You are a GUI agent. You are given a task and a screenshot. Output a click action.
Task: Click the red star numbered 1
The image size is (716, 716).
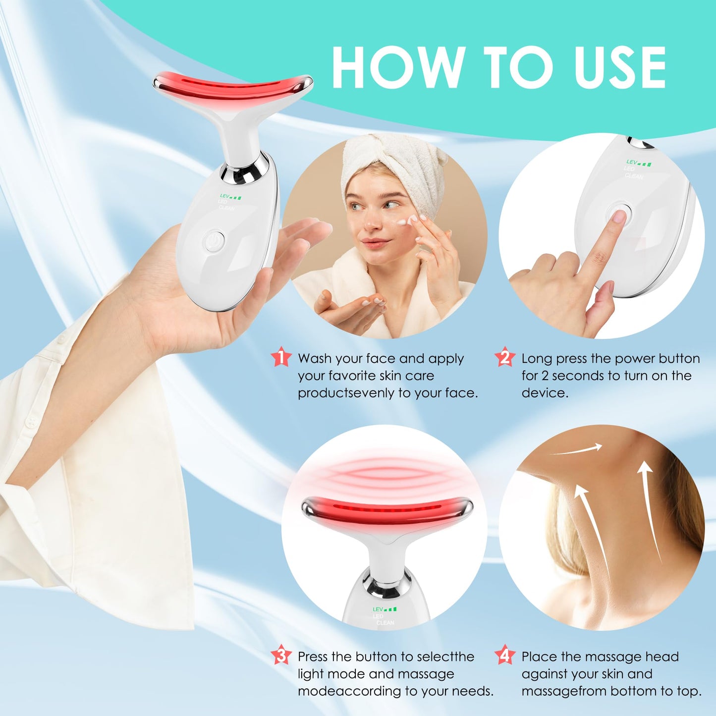coord(281,357)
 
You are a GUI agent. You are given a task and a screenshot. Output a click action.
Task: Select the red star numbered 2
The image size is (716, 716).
coord(505,357)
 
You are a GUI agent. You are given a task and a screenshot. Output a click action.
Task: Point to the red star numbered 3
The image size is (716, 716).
coord(281,655)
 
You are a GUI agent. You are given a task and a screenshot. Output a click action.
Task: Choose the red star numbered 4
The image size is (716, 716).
coord(505,655)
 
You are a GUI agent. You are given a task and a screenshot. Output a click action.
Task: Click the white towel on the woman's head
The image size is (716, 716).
coord(391,159)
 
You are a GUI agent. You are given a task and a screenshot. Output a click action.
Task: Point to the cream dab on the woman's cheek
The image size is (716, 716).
coord(412,220)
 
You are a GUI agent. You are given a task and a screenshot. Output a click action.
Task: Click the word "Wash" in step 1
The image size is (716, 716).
coord(315,359)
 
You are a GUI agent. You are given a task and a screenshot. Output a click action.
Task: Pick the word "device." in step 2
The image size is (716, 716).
coord(545,393)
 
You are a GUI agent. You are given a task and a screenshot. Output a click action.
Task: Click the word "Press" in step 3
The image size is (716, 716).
coord(313,657)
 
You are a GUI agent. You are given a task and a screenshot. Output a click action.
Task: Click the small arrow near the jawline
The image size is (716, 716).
coord(577,450)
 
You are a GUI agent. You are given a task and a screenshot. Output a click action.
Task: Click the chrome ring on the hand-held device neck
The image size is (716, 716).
coord(245,171)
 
